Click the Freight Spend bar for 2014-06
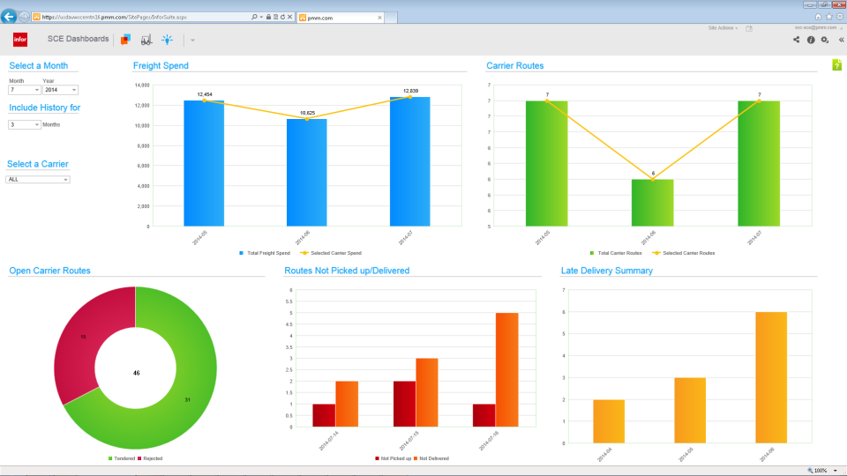307,172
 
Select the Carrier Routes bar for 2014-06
653,203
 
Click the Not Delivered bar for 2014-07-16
506,369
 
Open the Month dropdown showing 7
25,90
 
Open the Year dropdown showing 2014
61,90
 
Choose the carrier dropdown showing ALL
38,179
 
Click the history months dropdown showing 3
25,125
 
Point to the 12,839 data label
410,91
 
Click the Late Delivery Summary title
606,271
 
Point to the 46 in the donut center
136,373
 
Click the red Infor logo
20,40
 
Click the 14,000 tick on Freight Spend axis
141,86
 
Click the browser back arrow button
9,16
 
